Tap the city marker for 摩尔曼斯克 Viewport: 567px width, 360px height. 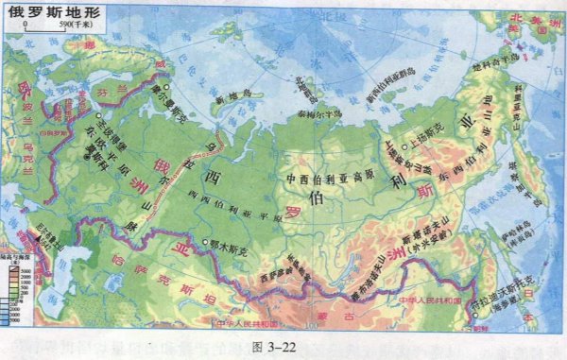tap(167, 88)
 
